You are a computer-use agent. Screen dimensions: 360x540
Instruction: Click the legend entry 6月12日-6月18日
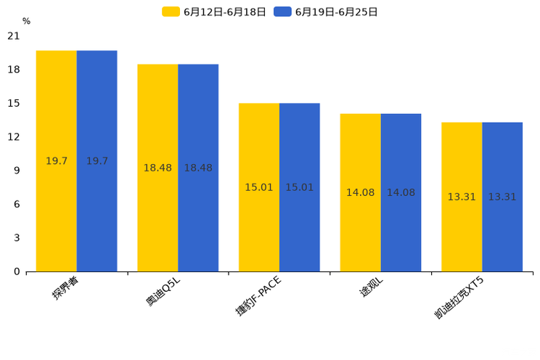[x=214, y=12]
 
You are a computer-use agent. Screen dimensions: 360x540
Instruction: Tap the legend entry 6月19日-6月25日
[x=326, y=12]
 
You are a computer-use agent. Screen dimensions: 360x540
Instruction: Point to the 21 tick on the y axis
[x=14, y=36]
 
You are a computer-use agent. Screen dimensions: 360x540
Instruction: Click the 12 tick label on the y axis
[x=14, y=136]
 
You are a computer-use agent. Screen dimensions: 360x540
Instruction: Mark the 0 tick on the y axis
[x=17, y=271]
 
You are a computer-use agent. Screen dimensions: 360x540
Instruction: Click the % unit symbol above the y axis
[x=26, y=22]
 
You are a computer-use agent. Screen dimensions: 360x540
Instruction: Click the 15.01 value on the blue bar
[x=299, y=187]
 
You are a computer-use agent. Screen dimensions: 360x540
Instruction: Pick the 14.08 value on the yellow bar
[x=360, y=192]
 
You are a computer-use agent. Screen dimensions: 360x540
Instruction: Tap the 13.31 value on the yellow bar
[x=462, y=197]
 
